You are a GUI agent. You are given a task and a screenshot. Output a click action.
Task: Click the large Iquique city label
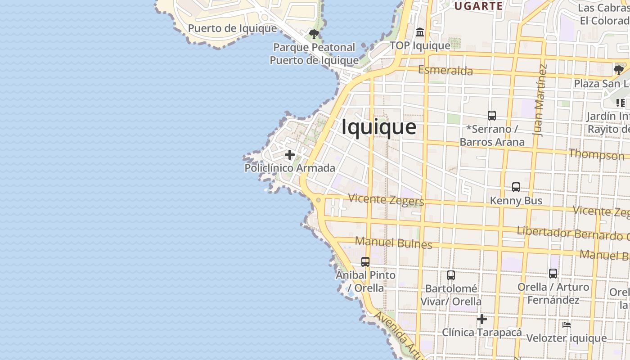click(379, 127)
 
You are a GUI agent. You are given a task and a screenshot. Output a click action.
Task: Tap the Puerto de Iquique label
click(232, 28)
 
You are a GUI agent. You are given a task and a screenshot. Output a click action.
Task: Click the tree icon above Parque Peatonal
click(314, 34)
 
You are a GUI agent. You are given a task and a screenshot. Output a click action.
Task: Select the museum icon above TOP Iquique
click(420, 32)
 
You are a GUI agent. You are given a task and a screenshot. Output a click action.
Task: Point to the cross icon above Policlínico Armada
click(290, 155)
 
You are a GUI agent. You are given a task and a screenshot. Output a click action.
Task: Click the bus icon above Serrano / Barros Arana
click(491, 116)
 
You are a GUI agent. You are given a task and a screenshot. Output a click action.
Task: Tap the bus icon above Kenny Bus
click(516, 187)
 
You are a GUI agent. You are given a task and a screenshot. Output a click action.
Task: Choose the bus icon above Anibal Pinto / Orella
click(365, 261)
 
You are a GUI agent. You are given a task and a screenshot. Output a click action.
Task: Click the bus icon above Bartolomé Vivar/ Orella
click(450, 275)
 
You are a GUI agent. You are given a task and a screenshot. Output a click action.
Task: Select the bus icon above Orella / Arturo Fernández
click(553, 273)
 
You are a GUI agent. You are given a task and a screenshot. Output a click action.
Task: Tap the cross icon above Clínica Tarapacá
click(482, 319)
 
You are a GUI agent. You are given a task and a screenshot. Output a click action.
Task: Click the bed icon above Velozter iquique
click(567, 324)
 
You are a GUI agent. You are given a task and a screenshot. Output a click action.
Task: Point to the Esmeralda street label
click(445, 70)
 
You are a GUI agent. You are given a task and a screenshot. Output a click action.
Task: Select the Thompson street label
click(596, 154)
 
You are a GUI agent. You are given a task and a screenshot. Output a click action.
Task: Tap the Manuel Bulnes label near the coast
click(393, 243)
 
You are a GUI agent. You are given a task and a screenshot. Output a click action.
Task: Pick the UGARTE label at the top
click(478, 6)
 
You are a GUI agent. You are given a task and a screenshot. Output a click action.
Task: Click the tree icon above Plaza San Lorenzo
click(619, 70)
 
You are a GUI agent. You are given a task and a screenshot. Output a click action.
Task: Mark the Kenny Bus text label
click(516, 201)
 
